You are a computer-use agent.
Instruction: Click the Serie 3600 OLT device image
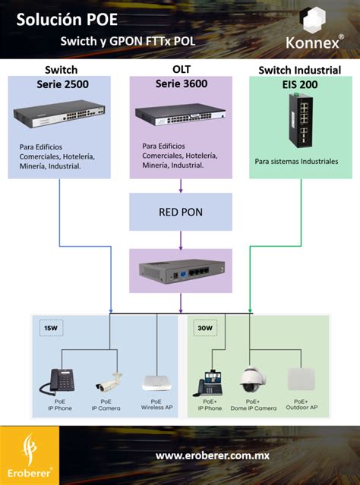pos(180,114)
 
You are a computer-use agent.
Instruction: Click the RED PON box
pos(181,212)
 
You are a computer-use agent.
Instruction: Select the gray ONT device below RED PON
pos(181,271)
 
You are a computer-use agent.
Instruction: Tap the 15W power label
pos(51,329)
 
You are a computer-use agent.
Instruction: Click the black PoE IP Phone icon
pos(61,379)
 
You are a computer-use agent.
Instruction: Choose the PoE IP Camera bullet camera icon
pos(106,379)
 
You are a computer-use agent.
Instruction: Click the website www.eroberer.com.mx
pos(212,455)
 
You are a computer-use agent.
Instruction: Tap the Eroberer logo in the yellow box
pos(30,451)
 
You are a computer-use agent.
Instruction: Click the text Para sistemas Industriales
pos(296,161)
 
